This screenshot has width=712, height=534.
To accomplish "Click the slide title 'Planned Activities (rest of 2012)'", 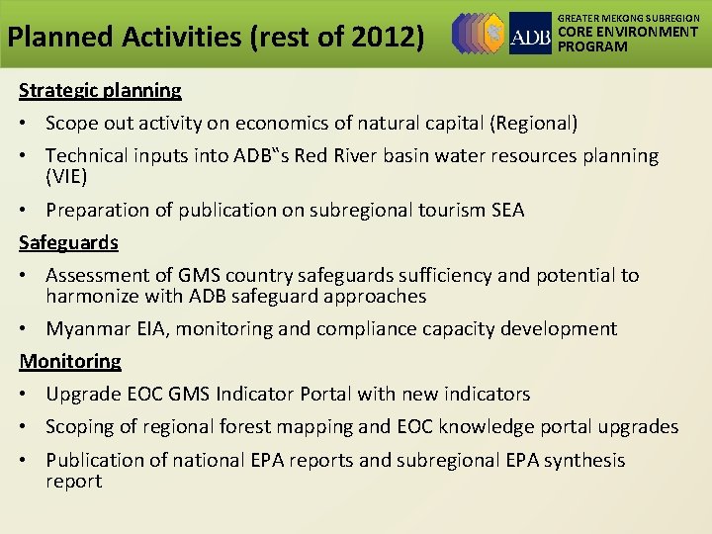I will pos(216,38).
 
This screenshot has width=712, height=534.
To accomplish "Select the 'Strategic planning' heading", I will pos(100,91).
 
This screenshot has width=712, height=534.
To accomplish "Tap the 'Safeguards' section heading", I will pos(68,242).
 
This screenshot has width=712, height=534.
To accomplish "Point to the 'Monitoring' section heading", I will pos(70,361).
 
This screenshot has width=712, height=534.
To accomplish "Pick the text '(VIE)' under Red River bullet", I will pos(66,177).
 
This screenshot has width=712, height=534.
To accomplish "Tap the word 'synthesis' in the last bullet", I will pos(582,460).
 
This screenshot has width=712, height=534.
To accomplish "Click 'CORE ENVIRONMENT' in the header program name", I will pos(628,33).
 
